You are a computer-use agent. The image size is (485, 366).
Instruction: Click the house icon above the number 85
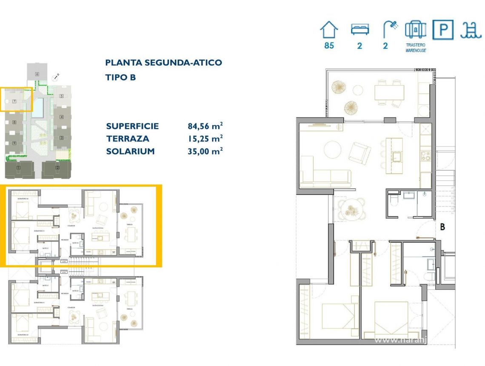click(329, 31)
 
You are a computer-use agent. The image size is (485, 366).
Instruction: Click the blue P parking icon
click(443, 30)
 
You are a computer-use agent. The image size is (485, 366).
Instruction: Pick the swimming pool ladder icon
click(469, 30)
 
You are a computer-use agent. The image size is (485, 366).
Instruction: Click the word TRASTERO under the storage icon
click(415, 45)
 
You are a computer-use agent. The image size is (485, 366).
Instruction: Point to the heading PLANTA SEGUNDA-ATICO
click(163, 63)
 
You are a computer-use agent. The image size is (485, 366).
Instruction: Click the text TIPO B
click(120, 77)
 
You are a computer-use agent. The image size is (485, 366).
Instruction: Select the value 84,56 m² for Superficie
click(205, 126)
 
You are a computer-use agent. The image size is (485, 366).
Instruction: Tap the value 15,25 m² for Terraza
click(205, 138)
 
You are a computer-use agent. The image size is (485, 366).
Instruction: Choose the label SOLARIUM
click(130, 151)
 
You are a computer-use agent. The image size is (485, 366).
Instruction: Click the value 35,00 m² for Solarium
click(205, 151)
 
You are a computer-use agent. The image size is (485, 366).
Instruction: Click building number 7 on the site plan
click(14, 101)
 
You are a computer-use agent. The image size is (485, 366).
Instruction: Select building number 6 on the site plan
click(37, 74)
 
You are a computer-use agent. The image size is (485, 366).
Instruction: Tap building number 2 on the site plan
click(57, 168)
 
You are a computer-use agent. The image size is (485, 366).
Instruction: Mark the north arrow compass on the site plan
click(55, 77)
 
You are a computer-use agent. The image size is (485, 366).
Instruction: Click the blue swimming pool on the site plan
click(38, 107)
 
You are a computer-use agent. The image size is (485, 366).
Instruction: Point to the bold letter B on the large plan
click(442, 227)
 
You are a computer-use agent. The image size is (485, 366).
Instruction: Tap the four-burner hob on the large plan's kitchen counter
click(426, 156)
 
